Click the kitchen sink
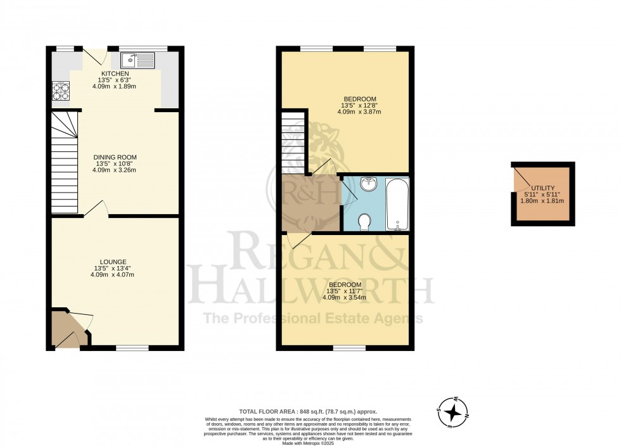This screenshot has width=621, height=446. (138, 61)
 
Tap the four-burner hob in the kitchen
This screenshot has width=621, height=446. (61, 92)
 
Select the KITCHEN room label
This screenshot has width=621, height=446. (115, 73)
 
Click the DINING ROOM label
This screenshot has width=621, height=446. (115, 157)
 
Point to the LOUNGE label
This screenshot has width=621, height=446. (113, 262)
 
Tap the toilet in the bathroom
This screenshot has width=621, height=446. (364, 222)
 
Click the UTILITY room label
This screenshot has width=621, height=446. (543, 188)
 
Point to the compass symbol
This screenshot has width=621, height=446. (453, 412)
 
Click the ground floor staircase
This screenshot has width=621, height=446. (64, 162)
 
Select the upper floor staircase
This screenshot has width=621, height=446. (294, 143)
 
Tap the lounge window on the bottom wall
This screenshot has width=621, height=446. (132, 347)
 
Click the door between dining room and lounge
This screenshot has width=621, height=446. (96, 210)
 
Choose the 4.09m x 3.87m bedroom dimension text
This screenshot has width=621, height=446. (359, 112)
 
